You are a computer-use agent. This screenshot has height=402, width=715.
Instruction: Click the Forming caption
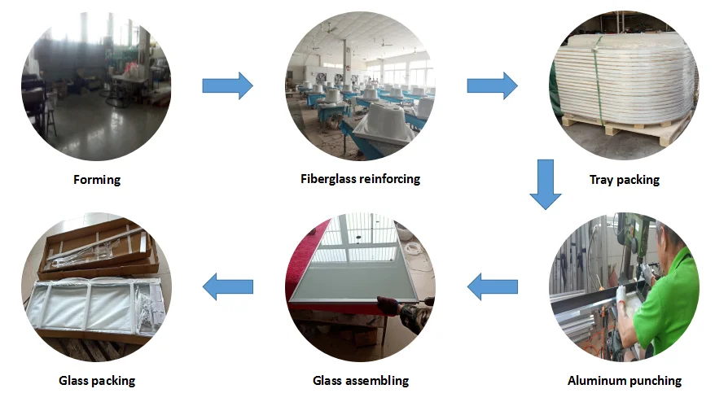tap(97, 180)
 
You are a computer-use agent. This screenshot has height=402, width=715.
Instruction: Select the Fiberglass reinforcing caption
tap(360, 178)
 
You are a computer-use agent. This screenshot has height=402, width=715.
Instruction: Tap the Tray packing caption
tap(624, 180)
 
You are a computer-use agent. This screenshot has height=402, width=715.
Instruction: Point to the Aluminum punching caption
tap(624, 380)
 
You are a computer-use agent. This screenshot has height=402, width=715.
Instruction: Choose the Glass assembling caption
tap(360, 380)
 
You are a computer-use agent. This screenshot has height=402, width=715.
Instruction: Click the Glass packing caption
tap(97, 380)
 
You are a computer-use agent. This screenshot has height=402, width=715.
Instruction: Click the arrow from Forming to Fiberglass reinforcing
tap(227, 85)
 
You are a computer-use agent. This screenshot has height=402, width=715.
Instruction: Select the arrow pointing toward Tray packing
tap(492, 85)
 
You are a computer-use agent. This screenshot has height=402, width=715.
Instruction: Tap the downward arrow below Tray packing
tap(546, 185)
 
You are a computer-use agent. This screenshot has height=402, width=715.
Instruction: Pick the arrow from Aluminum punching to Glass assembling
tap(492, 286)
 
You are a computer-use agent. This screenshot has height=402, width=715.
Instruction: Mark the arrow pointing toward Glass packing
tap(227, 286)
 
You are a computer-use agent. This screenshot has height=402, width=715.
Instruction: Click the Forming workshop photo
tap(97, 85)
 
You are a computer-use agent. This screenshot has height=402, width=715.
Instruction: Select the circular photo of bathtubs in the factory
tap(360, 85)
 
